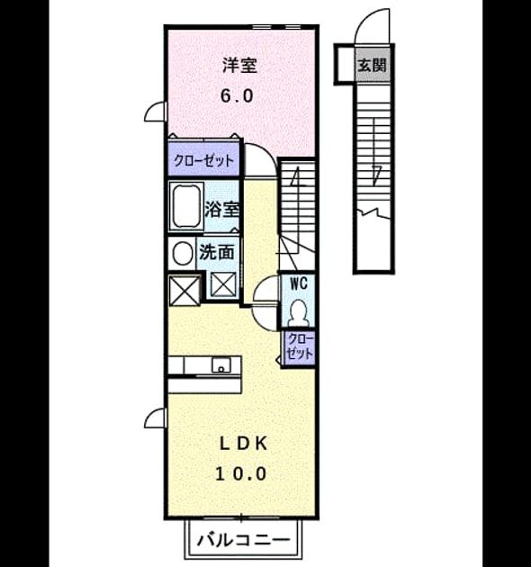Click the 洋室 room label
point(239,66)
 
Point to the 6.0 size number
point(237,95)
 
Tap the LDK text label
point(243,444)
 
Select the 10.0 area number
point(241,473)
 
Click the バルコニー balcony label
point(243,540)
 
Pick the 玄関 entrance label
point(372,66)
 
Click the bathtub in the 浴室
point(186,206)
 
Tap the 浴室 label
point(221,209)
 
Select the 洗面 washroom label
point(216,252)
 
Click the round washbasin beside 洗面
point(183,253)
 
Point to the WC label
point(299,283)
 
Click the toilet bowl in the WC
point(299,313)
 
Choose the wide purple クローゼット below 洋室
point(203,159)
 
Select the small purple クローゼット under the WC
point(299,347)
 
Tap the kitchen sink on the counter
point(221,365)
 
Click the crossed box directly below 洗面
point(223,285)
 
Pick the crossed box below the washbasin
point(184,291)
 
